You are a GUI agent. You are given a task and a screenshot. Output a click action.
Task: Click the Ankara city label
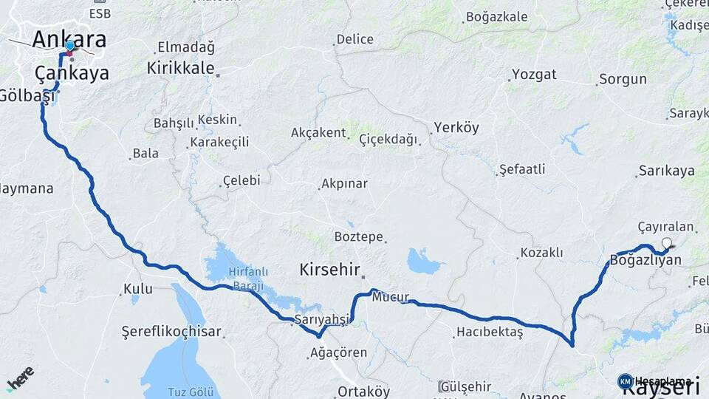click(x=69, y=39)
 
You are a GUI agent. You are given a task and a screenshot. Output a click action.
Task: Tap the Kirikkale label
click(x=180, y=68)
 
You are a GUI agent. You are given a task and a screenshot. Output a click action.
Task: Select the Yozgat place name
click(x=534, y=75)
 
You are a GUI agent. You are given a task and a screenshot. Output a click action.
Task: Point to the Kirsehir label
click(x=329, y=270)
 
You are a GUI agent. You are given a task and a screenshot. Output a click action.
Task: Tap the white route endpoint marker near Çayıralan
click(x=667, y=243)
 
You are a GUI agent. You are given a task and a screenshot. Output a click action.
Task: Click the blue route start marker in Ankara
click(x=69, y=46)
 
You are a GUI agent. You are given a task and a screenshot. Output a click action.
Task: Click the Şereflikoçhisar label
click(x=171, y=332)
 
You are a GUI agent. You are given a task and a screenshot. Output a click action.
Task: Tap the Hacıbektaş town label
click(x=489, y=332)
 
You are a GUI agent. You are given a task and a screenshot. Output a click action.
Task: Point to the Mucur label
click(x=390, y=298)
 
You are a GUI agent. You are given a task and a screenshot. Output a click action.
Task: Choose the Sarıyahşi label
click(x=321, y=319)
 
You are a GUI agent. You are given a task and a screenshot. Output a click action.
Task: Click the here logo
click(x=20, y=378)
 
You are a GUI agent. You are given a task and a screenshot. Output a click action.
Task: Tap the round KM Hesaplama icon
click(x=625, y=381)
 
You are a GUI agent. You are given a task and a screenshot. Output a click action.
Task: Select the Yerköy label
click(x=456, y=127)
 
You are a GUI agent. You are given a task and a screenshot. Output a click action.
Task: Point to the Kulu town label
click(x=138, y=288)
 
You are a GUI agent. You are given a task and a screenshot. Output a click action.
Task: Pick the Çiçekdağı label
click(x=388, y=139)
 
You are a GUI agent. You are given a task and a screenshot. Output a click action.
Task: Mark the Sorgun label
click(x=623, y=79)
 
